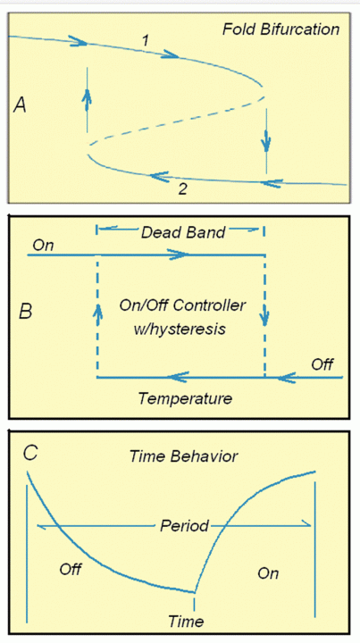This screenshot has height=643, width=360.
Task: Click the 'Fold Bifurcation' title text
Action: click(280, 29)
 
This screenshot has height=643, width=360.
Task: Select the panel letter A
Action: click(20, 105)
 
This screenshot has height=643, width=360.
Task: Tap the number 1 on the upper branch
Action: click(145, 40)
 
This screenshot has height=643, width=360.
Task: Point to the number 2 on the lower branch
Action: click(183, 189)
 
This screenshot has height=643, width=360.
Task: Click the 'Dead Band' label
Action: click(183, 232)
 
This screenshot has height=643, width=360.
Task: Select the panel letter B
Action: click(25, 312)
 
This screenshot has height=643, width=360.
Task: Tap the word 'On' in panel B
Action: click(43, 246)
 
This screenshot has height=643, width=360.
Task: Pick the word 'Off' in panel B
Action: click(322, 364)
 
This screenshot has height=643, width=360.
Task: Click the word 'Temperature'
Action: click(185, 398)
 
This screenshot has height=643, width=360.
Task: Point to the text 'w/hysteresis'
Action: click(180, 329)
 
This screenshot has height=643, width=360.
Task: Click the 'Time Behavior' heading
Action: click(184, 456)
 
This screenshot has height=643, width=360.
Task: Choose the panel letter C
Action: click(30, 453)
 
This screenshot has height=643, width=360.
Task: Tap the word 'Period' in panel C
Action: click(185, 525)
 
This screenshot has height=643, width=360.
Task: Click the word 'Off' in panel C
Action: click(71, 569)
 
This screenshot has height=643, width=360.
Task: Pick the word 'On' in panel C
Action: click(268, 572)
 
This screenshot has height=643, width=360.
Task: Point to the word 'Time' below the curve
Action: click(186, 622)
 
